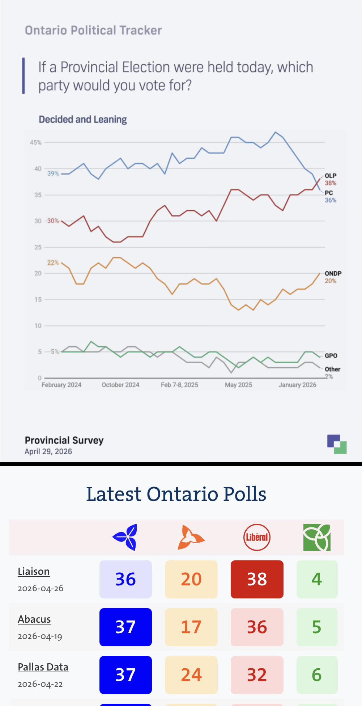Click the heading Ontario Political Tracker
click(x=93, y=30)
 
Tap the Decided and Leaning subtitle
click(x=83, y=120)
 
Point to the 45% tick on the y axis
click(x=35, y=142)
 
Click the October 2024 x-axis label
click(x=120, y=385)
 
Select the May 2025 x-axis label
click(x=238, y=385)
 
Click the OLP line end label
click(x=331, y=176)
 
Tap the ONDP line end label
click(x=333, y=273)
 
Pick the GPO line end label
click(x=331, y=356)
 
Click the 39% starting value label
click(x=53, y=174)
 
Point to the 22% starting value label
click(x=53, y=263)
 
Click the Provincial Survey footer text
click(x=64, y=440)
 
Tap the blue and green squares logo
click(x=337, y=444)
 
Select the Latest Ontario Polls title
click(x=176, y=494)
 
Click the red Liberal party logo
click(x=257, y=537)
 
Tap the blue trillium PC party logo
click(x=125, y=537)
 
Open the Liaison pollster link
click(x=34, y=571)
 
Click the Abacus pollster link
click(x=34, y=619)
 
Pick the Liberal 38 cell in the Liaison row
click(x=257, y=579)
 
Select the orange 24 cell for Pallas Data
click(x=191, y=675)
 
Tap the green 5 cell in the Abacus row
click(x=317, y=627)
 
